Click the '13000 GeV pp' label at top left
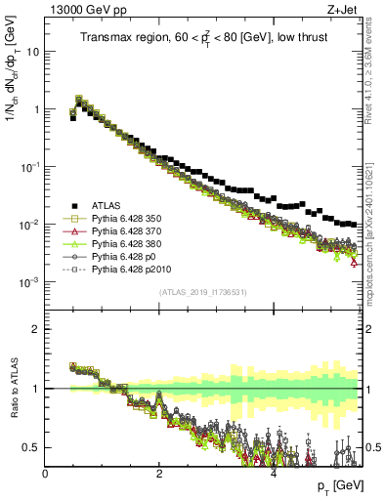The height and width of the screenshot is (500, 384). pyautogui.click(x=81, y=10)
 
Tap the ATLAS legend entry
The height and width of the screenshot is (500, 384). pyautogui.click(x=108, y=205)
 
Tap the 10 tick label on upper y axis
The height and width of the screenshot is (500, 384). pyautogui.click(x=31, y=52)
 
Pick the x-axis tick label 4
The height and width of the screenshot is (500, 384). pyautogui.click(x=274, y=474)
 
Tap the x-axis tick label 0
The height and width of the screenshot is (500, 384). pyautogui.click(x=46, y=474)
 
